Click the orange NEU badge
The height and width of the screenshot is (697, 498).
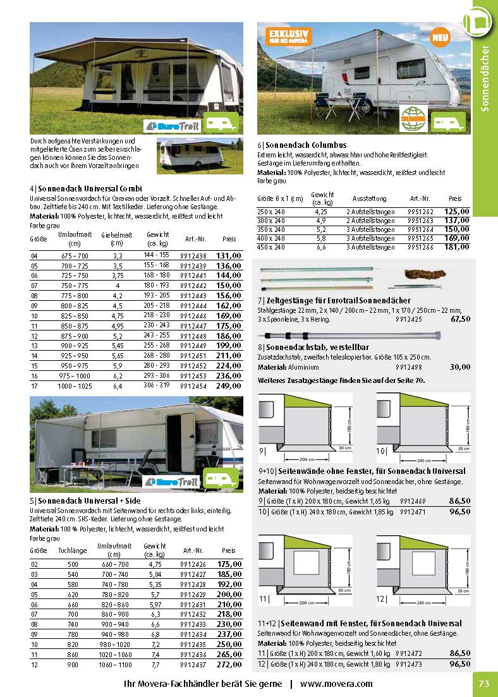tap(440, 38)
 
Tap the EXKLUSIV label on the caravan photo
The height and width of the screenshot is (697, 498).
tap(289, 35)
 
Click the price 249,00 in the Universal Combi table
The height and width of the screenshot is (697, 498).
tap(229, 386)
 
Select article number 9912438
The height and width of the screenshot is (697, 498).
tap(193, 255)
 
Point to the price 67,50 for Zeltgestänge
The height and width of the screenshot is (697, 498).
tap(460, 319)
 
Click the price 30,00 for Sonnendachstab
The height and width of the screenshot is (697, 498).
tap(460, 367)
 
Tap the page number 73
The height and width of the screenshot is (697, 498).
tap(484, 683)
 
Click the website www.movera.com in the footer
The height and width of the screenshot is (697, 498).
tap(336, 683)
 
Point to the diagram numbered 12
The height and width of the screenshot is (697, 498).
tap(423, 570)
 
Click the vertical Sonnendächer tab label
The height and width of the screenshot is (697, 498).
tap(485, 78)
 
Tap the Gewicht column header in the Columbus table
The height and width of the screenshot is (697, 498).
tap(322, 197)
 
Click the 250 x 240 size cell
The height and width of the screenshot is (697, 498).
tap(270, 212)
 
